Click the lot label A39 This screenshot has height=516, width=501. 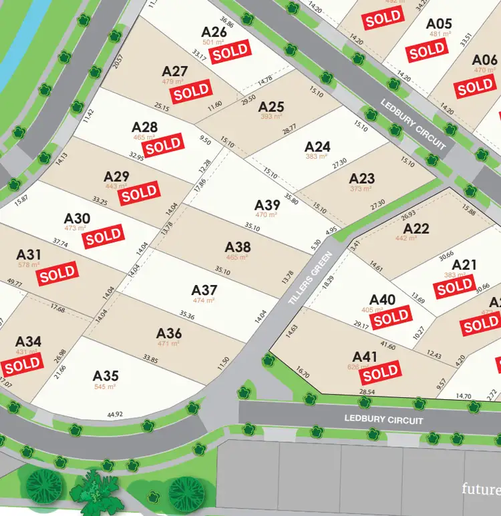pos(267,205)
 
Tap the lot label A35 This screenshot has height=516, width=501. pos(106,376)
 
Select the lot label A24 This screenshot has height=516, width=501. pos(317,146)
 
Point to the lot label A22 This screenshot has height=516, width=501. pos(416,229)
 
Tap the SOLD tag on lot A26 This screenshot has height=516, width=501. pos(230,51)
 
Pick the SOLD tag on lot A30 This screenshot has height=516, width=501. pos(104,236)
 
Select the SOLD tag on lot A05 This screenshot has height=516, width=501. pos(428,50)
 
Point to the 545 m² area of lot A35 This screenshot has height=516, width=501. pos(106,386)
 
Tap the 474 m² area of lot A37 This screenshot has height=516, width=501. pos(204,300)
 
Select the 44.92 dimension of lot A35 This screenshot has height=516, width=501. pos(115,415)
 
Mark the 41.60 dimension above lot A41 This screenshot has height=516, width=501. pos(387,346)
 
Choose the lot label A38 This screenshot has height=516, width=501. pos(238,247)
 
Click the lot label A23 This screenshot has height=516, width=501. pos(362,178)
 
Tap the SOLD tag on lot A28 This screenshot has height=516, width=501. pos(164,145)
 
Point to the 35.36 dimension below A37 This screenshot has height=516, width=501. pos(187,316)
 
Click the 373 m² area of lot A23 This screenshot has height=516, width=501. pos(362,188)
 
